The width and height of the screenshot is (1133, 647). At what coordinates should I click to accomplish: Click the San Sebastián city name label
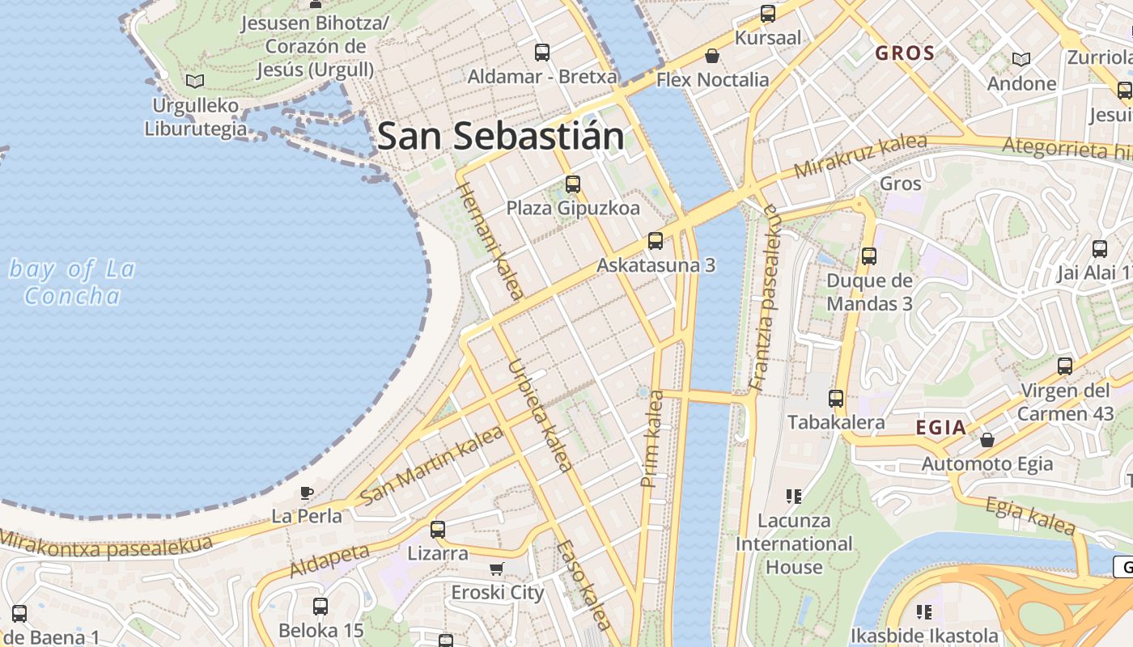coord(501,136)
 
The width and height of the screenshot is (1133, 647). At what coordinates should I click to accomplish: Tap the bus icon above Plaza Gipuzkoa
coord(573,184)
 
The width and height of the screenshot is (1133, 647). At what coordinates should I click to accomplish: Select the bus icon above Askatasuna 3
coord(656,241)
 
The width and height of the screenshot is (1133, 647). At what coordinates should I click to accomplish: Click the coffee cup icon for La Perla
coord(307,492)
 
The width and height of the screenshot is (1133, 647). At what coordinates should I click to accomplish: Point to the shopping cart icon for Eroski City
coord(497,569)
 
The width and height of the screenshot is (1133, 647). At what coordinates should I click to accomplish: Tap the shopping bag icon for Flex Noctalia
coord(712,56)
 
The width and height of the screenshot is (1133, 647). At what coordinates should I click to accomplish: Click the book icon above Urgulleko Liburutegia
coord(195,81)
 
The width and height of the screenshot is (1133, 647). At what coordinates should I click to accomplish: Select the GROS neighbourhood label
coord(906,53)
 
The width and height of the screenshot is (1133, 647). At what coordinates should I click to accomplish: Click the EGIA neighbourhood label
coord(941,428)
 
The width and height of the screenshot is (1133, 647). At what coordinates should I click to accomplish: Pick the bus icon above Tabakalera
coord(836,398)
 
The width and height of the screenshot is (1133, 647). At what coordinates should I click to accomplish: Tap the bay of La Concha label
coord(72,282)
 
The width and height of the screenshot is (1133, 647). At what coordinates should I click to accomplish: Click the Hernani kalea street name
coord(490,241)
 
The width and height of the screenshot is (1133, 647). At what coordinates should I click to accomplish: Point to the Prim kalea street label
coord(652,438)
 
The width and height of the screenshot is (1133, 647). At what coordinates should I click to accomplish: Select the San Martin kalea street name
coord(431,466)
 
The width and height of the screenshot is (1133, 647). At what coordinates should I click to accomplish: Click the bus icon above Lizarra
coord(438,530)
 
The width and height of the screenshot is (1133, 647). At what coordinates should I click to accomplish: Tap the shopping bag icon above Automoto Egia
coord(987,440)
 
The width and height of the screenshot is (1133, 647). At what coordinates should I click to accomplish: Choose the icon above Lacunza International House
coord(794,496)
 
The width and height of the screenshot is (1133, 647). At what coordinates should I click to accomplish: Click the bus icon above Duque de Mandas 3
coord(869,256)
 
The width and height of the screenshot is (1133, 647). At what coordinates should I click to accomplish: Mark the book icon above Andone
coord(1021,59)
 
